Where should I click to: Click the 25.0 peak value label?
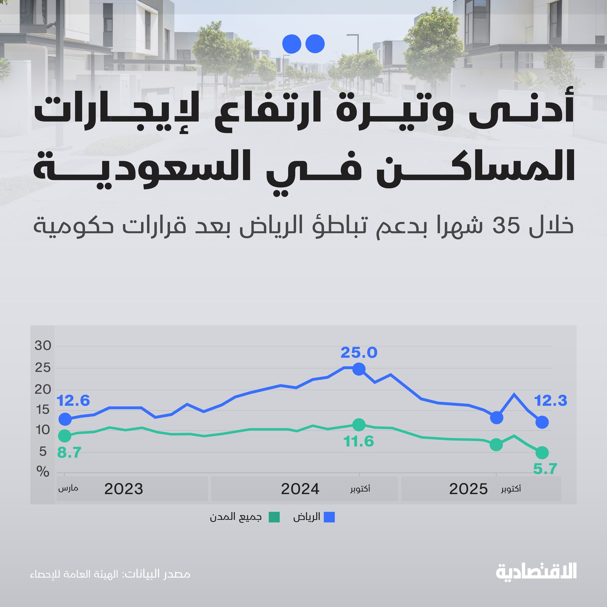tap(359, 352)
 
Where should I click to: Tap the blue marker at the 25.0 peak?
tap(359, 369)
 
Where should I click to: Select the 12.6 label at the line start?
tap(73, 401)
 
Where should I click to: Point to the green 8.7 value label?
tap(69, 453)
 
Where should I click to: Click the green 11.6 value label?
tap(359, 441)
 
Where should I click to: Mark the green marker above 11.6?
tap(359, 425)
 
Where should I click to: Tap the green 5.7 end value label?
tap(545, 469)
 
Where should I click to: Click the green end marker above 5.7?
tap(542, 453)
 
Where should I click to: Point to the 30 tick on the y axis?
tap(43, 346)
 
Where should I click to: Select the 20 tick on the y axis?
tap(43, 389)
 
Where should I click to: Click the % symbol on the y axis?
tap(43, 472)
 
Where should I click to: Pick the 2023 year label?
tap(124, 489)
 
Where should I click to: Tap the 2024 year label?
tap(300, 489)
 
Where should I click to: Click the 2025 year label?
tap(469, 489)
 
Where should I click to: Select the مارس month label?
tap(68, 489)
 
